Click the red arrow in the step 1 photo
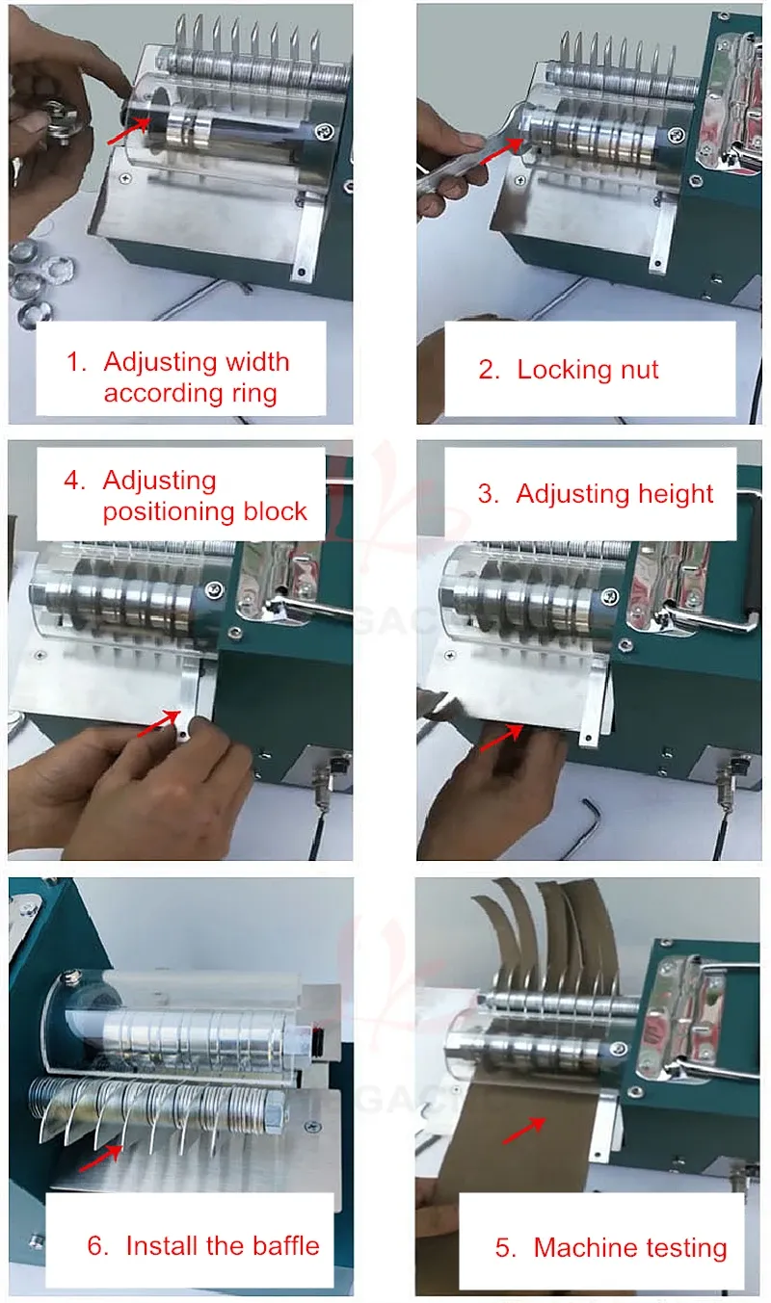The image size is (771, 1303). (x=127, y=130)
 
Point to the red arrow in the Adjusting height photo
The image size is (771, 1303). (x=501, y=737)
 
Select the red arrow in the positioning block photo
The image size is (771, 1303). (x=159, y=723)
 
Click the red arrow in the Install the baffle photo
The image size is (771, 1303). (x=101, y=1159)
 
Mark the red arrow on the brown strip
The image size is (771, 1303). (x=523, y=1131)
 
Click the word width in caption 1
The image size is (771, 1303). (x=257, y=362)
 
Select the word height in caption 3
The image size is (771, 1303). (x=676, y=494)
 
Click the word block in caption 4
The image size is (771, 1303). (x=275, y=511)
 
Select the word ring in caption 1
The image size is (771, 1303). (x=254, y=394)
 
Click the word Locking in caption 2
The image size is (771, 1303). (x=564, y=371)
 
